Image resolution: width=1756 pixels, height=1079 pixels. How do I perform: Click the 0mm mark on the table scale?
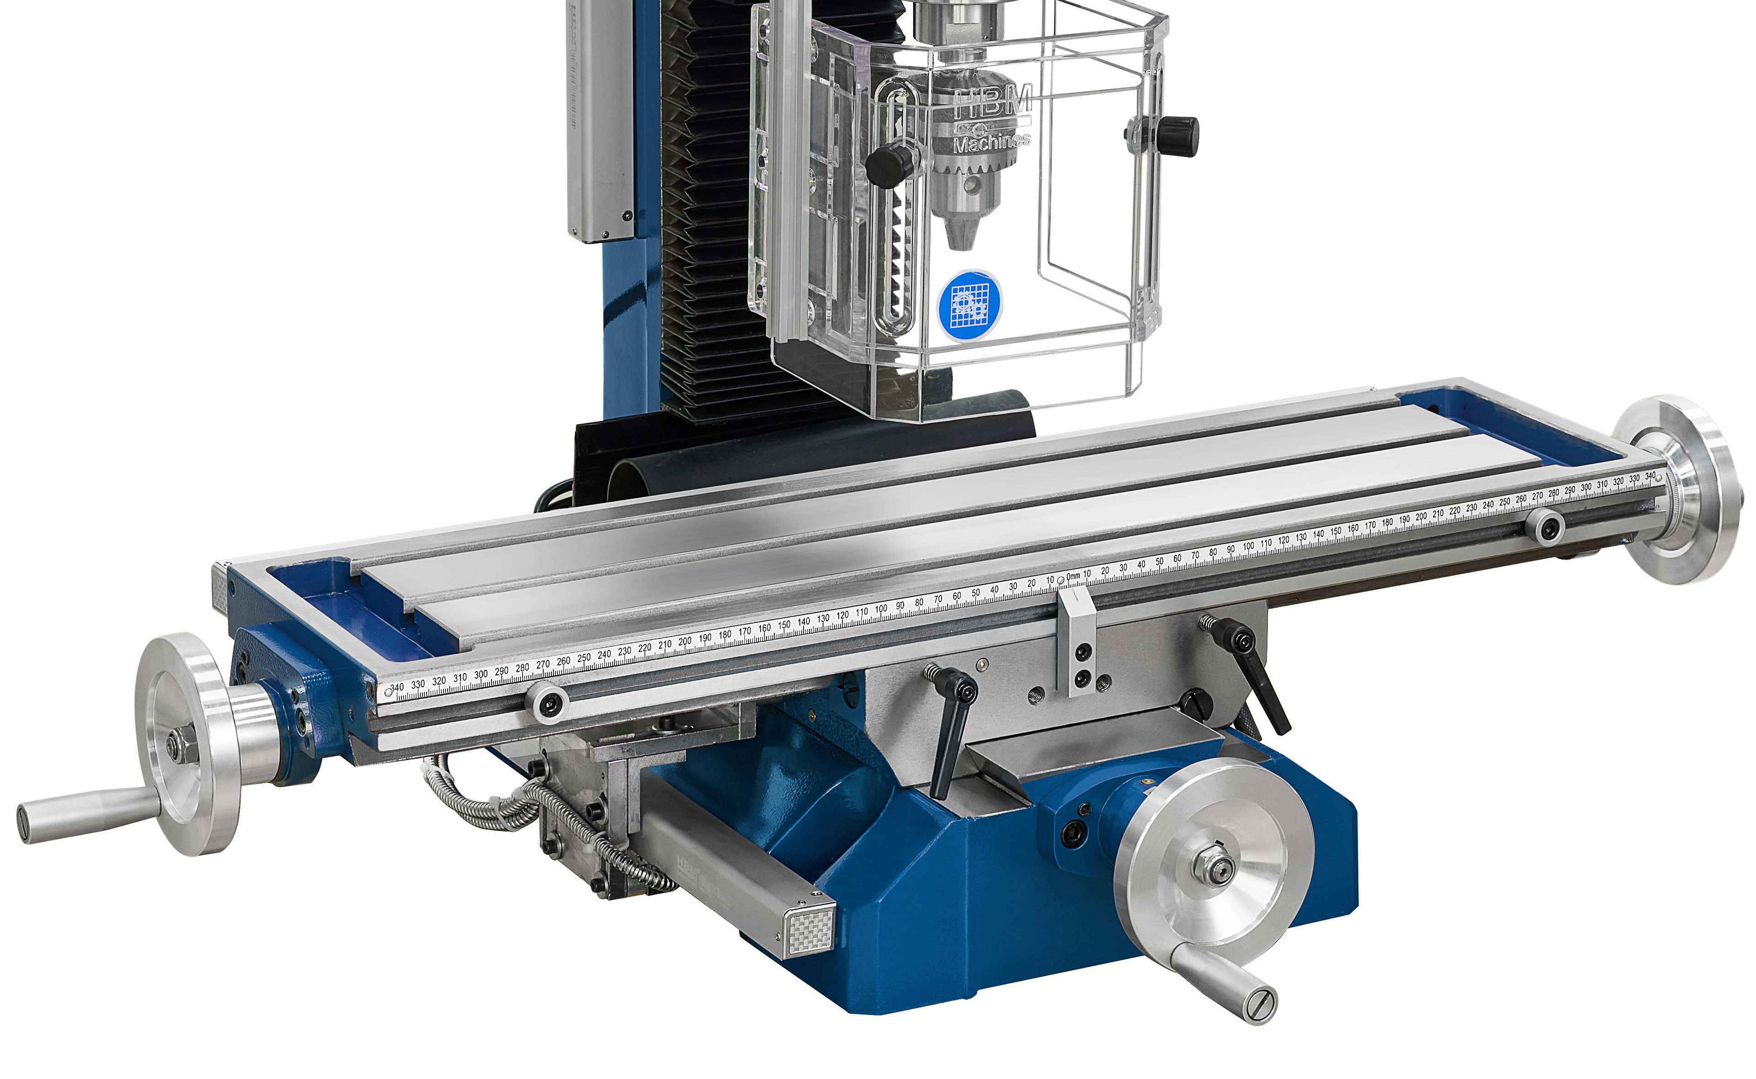tap(1071, 577)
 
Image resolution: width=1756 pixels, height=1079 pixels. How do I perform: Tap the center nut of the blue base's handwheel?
tap(1221, 867)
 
